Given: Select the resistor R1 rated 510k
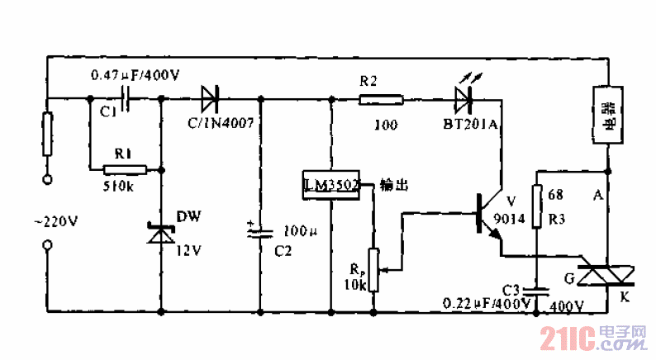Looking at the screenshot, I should pyautogui.click(x=125, y=169).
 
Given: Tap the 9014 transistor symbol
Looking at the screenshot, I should pyautogui.click(x=489, y=216).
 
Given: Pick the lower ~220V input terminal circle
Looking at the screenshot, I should pyautogui.click(x=47, y=245).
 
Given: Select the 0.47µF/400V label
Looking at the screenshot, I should pyautogui.click(x=134, y=75).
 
